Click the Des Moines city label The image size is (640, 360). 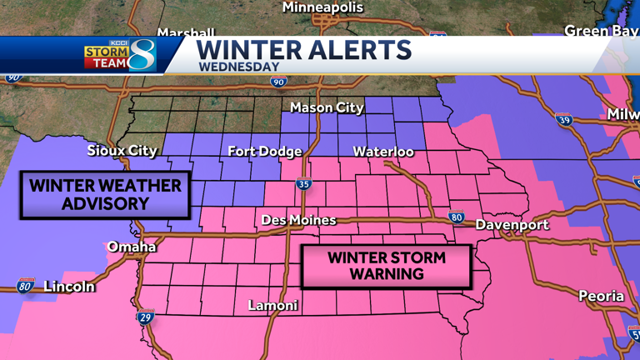click(x=298, y=220)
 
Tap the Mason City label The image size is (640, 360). click(x=327, y=107)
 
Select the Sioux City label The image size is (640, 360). click(x=122, y=151)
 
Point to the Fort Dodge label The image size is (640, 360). click(x=264, y=152)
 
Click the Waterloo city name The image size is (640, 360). click(x=383, y=152)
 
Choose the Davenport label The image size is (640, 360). click(x=512, y=225)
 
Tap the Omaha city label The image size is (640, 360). click(x=131, y=247)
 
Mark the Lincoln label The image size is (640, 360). click(x=68, y=287)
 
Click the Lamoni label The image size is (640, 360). click(x=272, y=306)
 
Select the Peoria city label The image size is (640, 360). click(x=601, y=296)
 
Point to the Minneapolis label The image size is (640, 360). click(x=322, y=7)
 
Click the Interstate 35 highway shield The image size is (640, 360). click(x=303, y=184)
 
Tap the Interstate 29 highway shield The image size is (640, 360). click(x=145, y=317)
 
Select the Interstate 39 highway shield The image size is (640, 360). click(x=564, y=120)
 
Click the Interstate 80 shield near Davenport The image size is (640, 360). click(x=456, y=217)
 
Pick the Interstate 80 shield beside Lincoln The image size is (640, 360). click(x=26, y=287)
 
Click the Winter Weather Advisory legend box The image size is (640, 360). click(x=105, y=194)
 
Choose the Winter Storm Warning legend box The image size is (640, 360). click(x=386, y=266)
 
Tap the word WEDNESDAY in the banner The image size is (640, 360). click(x=238, y=67)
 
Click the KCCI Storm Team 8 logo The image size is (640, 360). click(x=120, y=54)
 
